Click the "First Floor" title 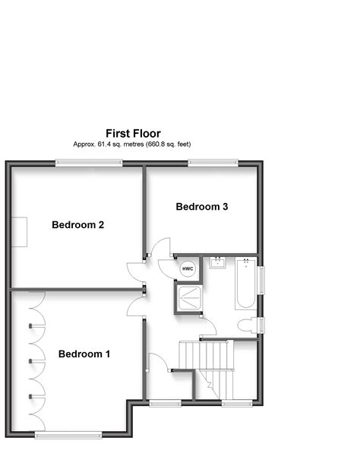(x=133, y=133)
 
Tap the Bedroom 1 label (x=84, y=354)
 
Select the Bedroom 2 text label (x=77, y=225)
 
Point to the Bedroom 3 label (x=202, y=207)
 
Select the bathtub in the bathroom (x=245, y=284)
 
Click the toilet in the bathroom (x=246, y=325)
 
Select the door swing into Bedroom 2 (x=135, y=271)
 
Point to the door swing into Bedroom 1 (x=135, y=307)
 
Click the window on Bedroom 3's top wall (x=213, y=161)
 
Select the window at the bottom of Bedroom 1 (x=68, y=435)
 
